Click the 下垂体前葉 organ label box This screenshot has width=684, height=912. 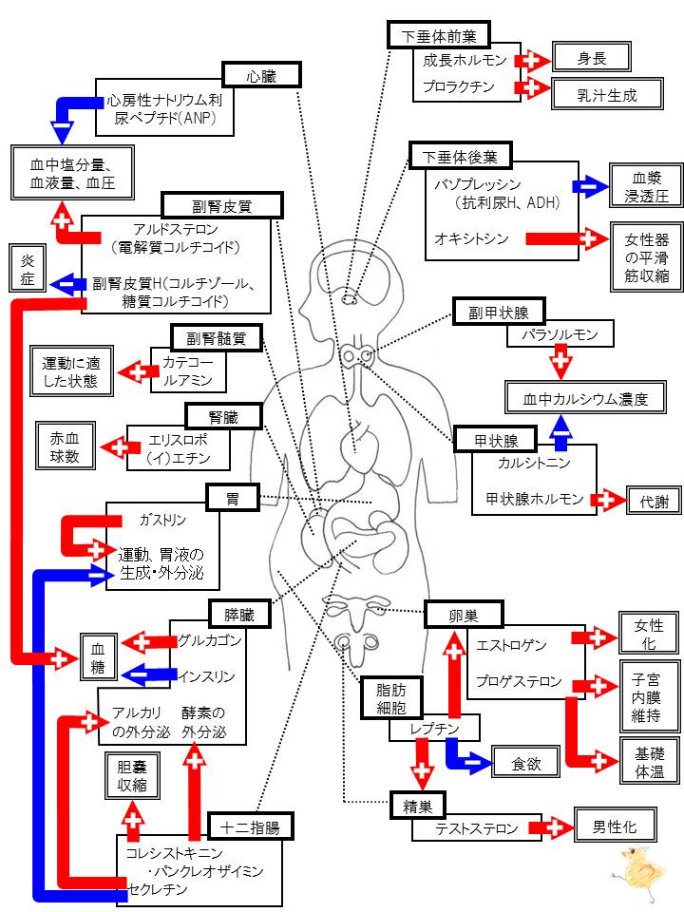pos(439,35)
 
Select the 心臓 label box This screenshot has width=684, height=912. pos(262,76)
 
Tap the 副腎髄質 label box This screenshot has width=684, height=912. pos(217,338)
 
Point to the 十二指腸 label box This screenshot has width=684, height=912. pos(250,826)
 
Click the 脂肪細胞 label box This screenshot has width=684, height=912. pos(390,698)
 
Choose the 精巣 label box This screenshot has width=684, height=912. pos(418,807)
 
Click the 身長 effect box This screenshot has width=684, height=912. pos(592,58)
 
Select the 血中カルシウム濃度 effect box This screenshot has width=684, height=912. pos(585,398)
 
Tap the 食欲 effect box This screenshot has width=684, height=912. pos(525,763)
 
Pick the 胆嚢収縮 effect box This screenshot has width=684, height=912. pos(132,776)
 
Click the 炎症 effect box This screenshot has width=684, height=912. pos(28,268)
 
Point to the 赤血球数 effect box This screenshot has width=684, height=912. pos(65,446)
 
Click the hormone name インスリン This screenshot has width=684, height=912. pos(206,676)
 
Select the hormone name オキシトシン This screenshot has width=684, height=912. pos(471,238)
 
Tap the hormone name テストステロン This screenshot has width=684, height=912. pos(476,827)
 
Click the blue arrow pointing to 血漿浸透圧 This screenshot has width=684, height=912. pos(590,186)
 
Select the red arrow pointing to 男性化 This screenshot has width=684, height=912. pos(551,827)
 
